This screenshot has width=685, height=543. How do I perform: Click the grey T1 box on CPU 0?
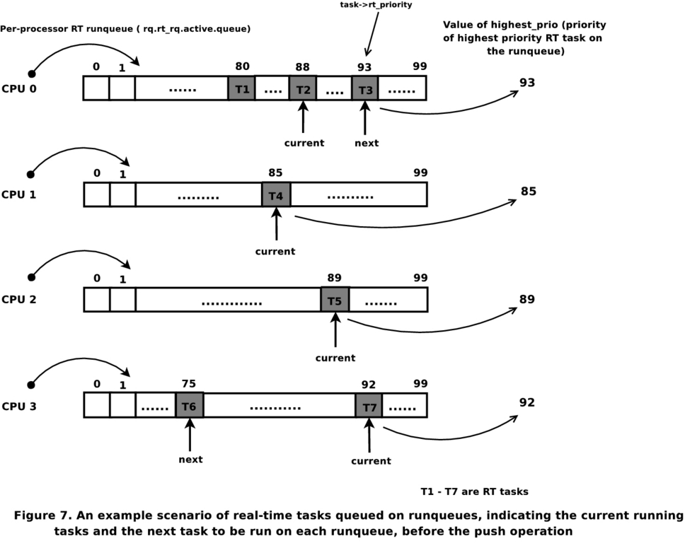pyautogui.click(x=241, y=88)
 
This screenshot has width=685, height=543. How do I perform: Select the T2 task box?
pyautogui.click(x=303, y=88)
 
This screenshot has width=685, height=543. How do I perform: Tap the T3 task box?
pyautogui.click(x=365, y=88)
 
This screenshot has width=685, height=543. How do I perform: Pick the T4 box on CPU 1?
pyautogui.click(x=276, y=194)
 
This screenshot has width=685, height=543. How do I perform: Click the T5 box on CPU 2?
pyautogui.click(x=335, y=300)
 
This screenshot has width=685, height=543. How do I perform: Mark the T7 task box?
pyautogui.click(x=369, y=406)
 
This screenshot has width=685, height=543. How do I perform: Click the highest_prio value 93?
pyautogui.click(x=527, y=83)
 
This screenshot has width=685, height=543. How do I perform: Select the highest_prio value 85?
pyautogui.click(x=528, y=190)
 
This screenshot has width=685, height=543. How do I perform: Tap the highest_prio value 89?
pyautogui.click(x=527, y=299)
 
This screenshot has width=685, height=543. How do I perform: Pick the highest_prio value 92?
pyautogui.click(x=527, y=402)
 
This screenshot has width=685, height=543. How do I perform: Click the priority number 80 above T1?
pyautogui.click(x=242, y=66)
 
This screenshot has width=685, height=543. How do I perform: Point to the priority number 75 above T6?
pyautogui.click(x=188, y=384)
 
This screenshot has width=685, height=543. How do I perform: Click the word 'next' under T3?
pyautogui.click(x=367, y=143)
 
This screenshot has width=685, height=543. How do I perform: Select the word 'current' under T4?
pyautogui.click(x=275, y=251)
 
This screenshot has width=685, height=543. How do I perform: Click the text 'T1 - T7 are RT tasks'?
pyautogui.click(x=474, y=491)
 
